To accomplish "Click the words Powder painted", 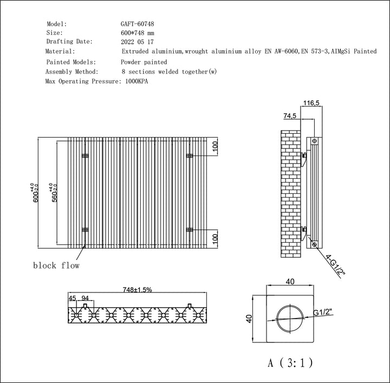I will (145, 62).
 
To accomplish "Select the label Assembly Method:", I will (72, 72).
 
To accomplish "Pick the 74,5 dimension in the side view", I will (290, 116).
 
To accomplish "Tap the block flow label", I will (56, 265).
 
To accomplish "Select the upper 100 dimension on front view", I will (214, 147).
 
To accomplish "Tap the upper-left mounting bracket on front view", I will (84, 156).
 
